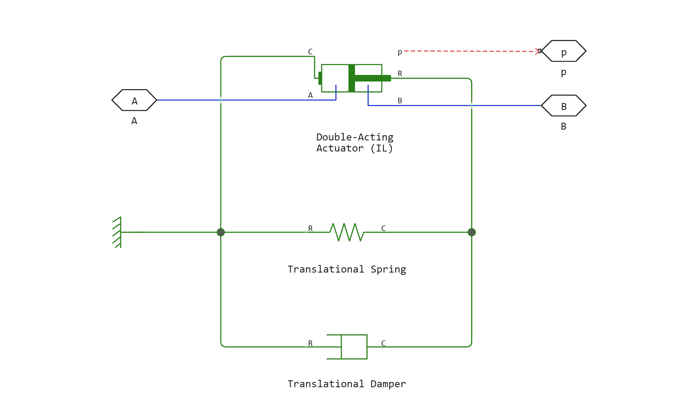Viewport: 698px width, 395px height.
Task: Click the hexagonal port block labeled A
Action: click(134, 100)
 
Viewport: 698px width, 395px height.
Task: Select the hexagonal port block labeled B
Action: click(564, 106)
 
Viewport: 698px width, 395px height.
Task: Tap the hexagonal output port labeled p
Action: click(564, 51)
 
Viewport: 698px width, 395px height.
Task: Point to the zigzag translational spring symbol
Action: click(347, 232)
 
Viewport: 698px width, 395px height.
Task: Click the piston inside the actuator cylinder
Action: click(352, 78)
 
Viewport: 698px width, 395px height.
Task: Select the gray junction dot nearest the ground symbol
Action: click(221, 232)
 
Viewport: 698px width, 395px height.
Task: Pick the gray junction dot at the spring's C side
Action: click(472, 232)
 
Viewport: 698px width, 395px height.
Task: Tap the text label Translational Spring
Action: click(347, 269)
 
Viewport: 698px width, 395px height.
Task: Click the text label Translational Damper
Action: click(347, 384)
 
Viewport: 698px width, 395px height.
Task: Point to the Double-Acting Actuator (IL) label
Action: click(355, 143)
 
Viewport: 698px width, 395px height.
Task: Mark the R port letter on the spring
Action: click(310, 229)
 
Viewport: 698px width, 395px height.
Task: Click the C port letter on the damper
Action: click(383, 343)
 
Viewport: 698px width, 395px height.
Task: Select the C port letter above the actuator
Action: click(310, 52)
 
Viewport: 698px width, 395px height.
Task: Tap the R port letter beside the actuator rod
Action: click(400, 74)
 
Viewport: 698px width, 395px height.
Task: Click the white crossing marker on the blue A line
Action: click(221, 100)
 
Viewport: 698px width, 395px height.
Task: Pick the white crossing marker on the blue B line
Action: click(472, 106)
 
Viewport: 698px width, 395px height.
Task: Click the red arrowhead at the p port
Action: click(538, 51)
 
